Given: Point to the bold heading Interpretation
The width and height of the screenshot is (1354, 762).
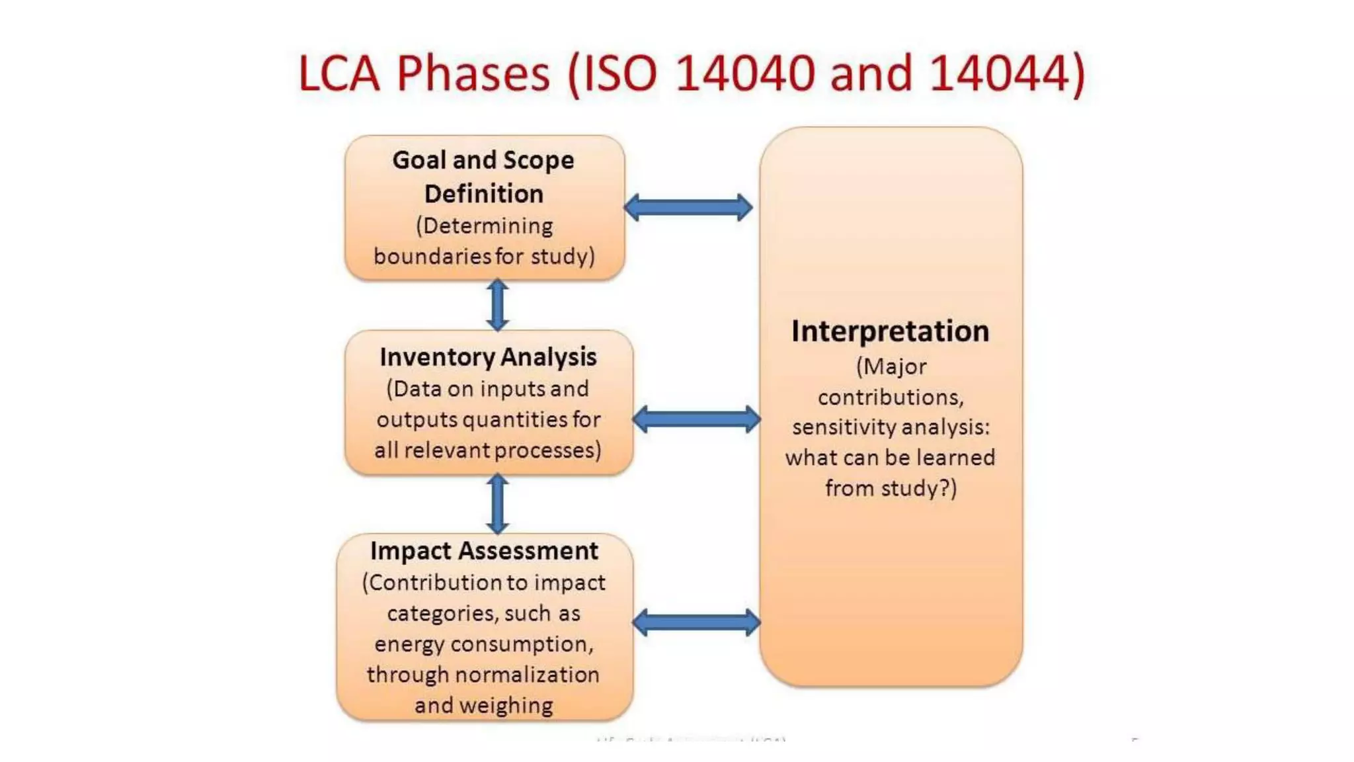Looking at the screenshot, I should (890, 331).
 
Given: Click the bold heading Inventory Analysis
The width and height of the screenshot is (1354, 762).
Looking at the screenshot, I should (488, 357).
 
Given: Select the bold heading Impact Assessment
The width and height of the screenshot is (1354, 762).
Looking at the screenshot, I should (484, 551).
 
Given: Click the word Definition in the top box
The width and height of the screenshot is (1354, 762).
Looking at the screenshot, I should (484, 194).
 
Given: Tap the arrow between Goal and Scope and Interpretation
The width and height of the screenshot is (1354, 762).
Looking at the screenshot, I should (688, 208).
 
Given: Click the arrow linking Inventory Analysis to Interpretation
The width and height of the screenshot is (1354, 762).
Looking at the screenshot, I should (696, 419).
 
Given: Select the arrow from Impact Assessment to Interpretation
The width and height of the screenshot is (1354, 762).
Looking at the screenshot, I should (696, 622).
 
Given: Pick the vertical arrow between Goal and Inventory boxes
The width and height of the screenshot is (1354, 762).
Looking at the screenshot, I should (498, 305).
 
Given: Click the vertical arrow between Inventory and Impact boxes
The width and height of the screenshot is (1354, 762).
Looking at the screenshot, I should (498, 504).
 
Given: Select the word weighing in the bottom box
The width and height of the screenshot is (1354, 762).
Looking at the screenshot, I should (506, 706).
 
